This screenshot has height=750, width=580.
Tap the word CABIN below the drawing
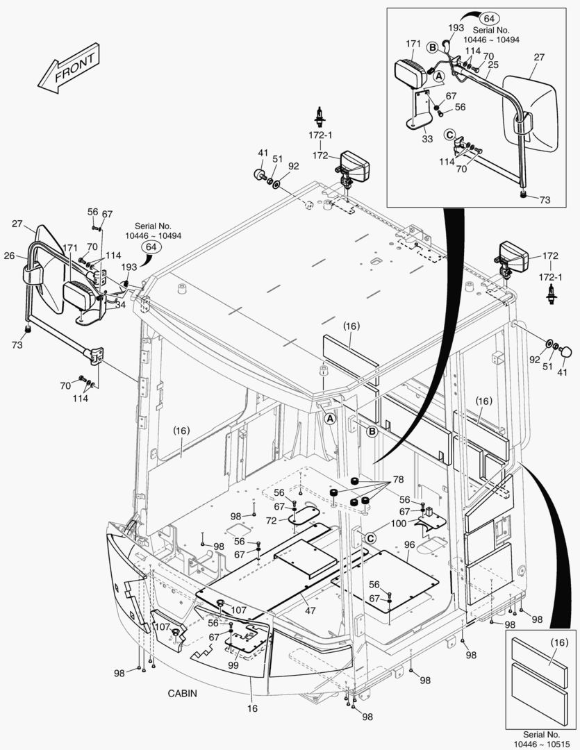[x=182, y=693]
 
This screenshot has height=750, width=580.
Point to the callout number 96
[x=409, y=545]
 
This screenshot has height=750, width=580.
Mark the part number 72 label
[x=272, y=520]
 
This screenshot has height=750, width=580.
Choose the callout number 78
[x=397, y=480]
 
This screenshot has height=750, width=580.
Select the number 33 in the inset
[x=427, y=139]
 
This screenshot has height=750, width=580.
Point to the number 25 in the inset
[x=492, y=65]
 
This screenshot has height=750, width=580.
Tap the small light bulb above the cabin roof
[x=320, y=112]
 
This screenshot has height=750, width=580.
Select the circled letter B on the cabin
[x=372, y=431]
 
